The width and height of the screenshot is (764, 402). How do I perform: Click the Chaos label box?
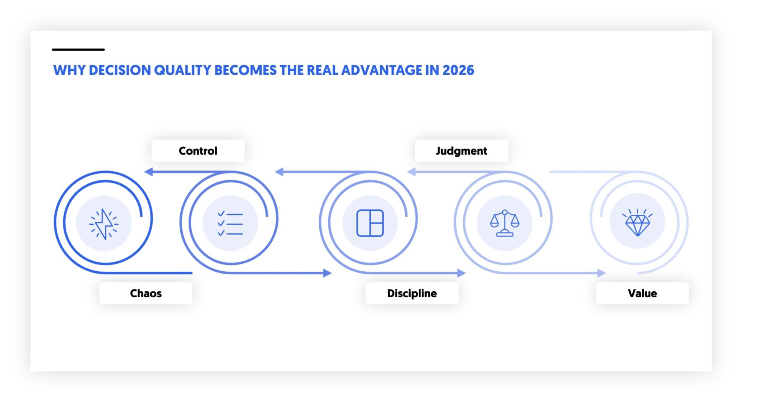tap(146, 293)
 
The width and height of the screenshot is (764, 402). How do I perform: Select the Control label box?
tap(198, 151)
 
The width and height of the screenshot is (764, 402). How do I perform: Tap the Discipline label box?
tap(412, 293)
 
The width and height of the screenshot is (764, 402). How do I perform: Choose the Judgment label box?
tap(461, 151)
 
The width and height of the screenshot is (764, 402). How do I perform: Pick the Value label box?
tap(642, 293)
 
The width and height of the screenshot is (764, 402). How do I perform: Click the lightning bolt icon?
tap(104, 224)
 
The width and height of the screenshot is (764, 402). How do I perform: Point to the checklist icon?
tap(230, 224)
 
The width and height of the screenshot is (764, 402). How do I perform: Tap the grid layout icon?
tap(370, 223)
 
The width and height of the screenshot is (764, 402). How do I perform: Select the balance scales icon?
tap(505, 224)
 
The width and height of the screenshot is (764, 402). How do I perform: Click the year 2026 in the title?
tap(458, 70)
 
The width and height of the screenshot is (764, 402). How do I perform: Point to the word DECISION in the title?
tap(120, 70)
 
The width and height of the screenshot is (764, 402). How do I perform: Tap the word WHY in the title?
tap(69, 70)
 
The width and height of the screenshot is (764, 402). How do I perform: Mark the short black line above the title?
tap(78, 49)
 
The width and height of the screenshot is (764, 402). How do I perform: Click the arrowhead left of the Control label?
tap(149, 172)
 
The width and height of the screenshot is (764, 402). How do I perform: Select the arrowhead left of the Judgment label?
tap(411, 172)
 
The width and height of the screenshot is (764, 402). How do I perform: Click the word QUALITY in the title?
tap(182, 70)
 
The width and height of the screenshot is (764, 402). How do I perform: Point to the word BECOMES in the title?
tap(245, 70)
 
